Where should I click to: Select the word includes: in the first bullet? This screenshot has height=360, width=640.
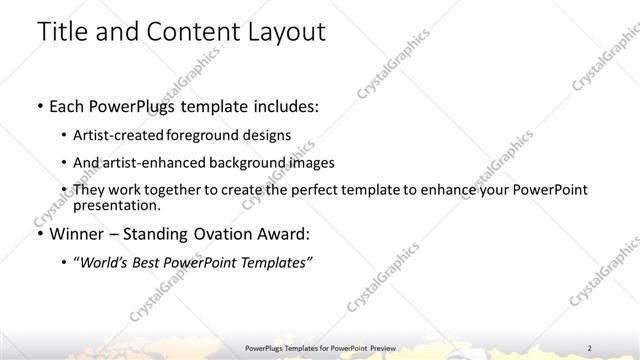point(281,105)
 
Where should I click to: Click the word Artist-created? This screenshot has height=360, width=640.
point(118,134)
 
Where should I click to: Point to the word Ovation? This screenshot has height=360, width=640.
point(227,234)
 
